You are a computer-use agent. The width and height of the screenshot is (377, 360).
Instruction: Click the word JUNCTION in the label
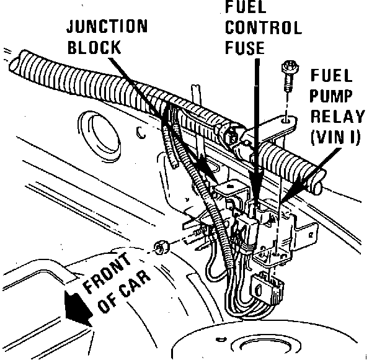(107, 26)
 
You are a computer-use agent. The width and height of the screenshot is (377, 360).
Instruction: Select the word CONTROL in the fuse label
(264, 28)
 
